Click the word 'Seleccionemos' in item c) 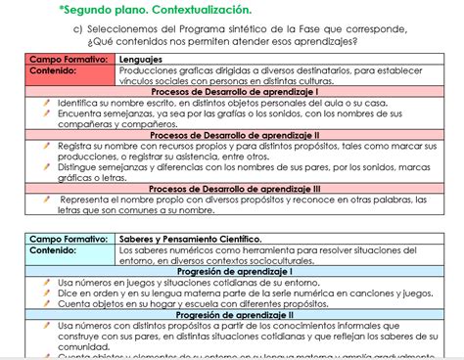pos(135,29)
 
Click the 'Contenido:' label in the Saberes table pos(57,249)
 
